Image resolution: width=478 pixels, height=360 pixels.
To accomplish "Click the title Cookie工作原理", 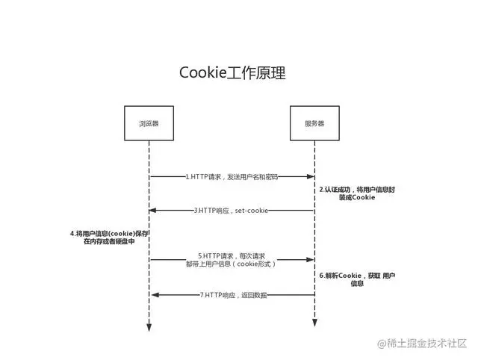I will tap(232, 72).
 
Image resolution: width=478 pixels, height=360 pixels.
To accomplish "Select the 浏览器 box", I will tap(149, 123).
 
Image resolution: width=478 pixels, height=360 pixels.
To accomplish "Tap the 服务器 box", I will tap(314, 123).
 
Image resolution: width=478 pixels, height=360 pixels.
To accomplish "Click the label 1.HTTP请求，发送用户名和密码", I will tap(232, 177).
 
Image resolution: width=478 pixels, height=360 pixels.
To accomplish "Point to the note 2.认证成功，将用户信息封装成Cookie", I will tap(357, 194).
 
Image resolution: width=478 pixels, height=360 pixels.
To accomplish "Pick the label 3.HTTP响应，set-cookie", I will tap(231, 211).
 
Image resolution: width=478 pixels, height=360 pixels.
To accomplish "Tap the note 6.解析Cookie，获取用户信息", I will tap(357, 279).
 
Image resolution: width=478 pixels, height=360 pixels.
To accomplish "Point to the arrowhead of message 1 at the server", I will tap(310, 177).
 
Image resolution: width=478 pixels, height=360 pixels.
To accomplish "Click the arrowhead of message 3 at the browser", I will tap(153, 211).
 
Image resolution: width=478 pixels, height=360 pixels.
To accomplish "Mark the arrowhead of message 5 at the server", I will tap(310, 260).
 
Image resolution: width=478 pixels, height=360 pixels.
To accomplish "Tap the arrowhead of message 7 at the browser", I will tap(153, 295).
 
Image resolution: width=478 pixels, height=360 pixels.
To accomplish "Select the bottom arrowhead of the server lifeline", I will tap(314, 323).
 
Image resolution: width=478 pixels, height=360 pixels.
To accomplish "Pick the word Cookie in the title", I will tap(202, 72).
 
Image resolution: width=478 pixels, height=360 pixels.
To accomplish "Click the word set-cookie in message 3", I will tap(252, 211).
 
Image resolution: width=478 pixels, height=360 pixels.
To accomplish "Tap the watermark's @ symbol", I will tap(382, 344).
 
